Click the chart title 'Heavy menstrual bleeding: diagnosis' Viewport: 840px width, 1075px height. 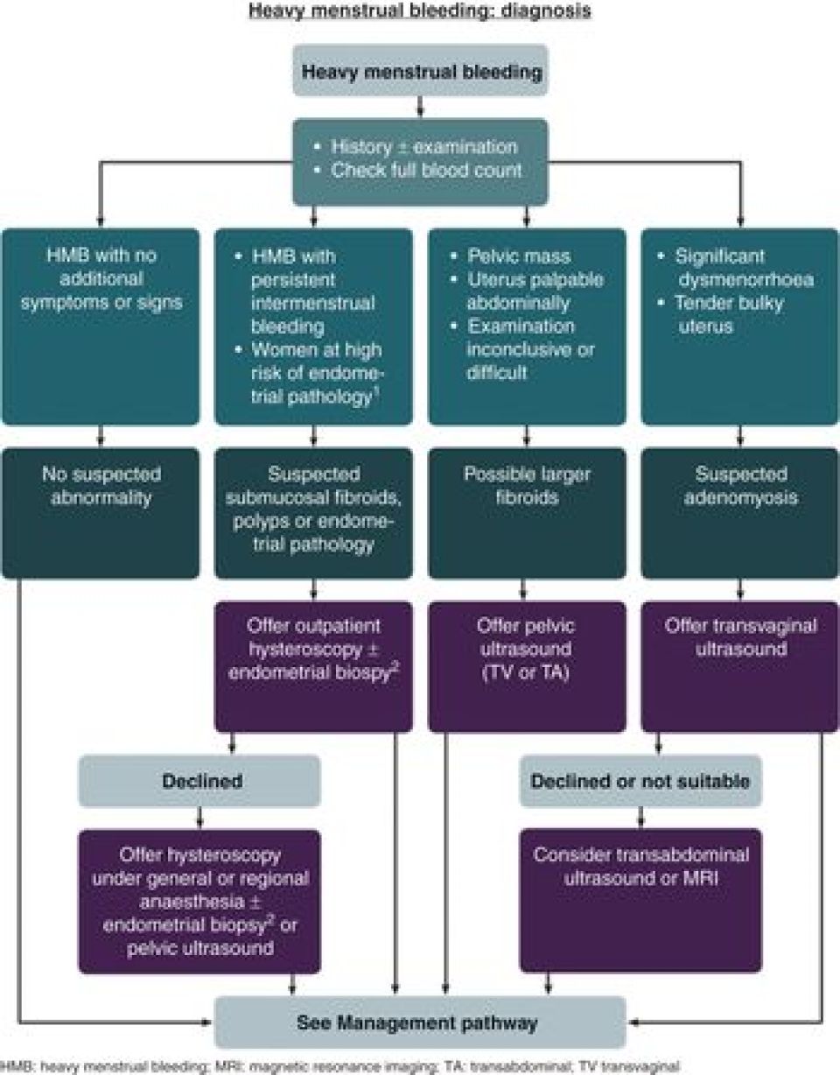click(x=419, y=11)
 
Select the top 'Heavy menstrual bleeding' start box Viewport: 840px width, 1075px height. click(x=421, y=71)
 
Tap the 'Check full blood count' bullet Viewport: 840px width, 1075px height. click(x=425, y=170)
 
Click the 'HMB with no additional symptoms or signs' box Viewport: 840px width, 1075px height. click(x=102, y=327)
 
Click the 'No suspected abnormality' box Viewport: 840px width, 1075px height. click(x=102, y=512)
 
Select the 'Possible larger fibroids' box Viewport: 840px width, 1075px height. click(x=527, y=512)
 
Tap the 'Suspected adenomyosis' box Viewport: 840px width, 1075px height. click(x=740, y=512)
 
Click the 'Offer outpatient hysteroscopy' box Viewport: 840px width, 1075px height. click(x=313, y=665)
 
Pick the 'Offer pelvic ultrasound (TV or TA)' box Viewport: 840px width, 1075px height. click(x=527, y=665)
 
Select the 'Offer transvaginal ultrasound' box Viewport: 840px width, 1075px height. click(x=740, y=665)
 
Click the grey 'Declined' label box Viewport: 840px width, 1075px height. click(x=201, y=781)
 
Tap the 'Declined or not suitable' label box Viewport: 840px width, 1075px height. click(x=640, y=781)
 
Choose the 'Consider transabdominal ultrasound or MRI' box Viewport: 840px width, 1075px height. click(x=640, y=899)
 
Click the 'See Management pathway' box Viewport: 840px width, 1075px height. click(x=422, y=1022)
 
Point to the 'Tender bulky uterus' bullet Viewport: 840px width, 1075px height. click(x=728, y=313)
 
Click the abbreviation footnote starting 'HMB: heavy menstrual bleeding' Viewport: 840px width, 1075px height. click(x=341, y=1066)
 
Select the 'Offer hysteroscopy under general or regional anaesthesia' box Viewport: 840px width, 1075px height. click(x=201, y=899)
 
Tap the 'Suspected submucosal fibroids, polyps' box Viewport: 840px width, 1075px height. click(x=313, y=512)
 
